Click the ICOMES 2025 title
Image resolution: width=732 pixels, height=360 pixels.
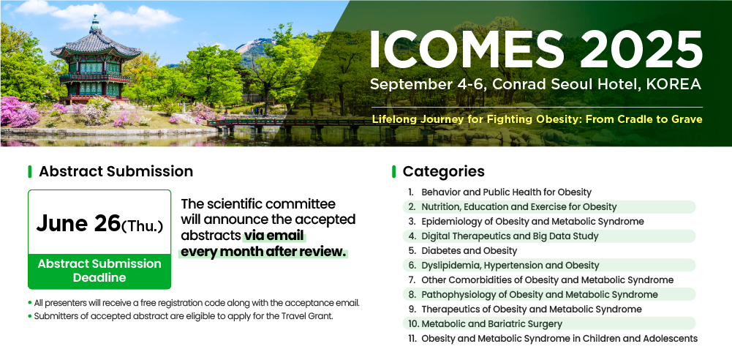click(536, 50)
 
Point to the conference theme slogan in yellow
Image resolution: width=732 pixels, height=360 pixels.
click(537, 119)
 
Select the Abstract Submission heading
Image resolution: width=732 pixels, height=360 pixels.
click(116, 171)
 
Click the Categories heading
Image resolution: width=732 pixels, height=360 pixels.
click(443, 171)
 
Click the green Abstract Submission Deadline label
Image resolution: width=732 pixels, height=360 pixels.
click(99, 271)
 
